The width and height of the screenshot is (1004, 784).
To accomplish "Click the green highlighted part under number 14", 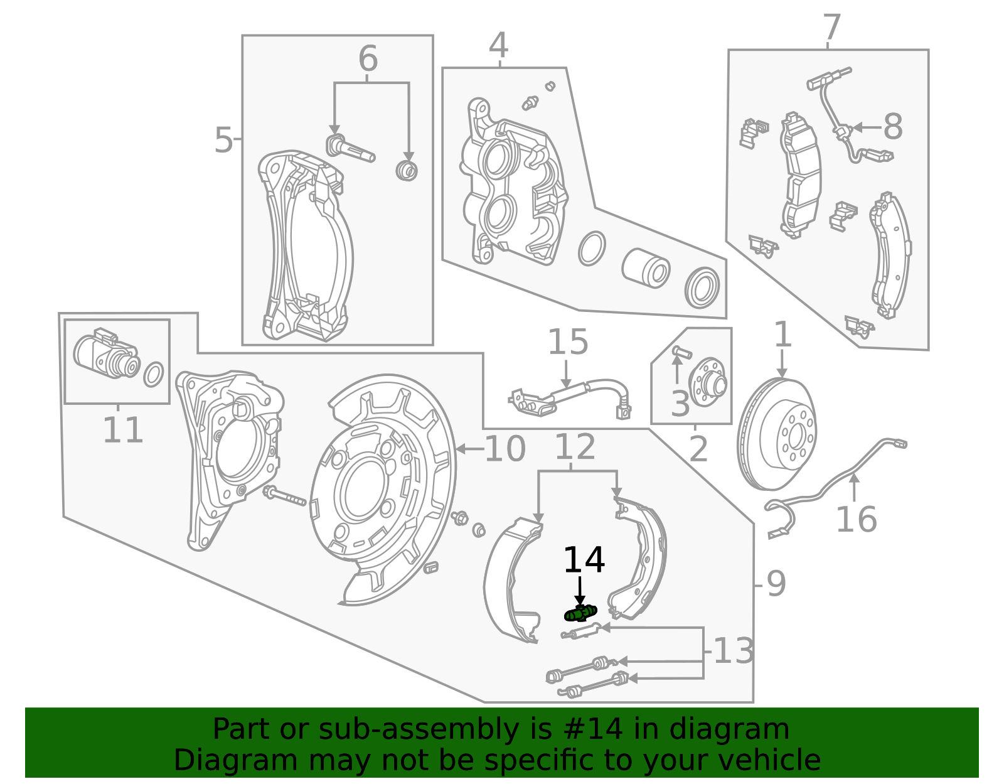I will (580, 613).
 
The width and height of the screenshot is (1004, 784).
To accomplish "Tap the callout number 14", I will (584, 560).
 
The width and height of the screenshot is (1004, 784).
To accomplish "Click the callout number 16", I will (856, 520).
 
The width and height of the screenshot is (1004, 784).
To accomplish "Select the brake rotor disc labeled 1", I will (777, 434).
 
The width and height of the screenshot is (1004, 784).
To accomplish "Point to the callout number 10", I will (505, 449).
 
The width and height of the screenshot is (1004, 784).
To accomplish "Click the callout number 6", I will (368, 60).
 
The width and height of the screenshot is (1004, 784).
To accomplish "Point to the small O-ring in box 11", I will (154, 375).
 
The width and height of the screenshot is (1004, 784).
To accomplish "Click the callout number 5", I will (223, 140).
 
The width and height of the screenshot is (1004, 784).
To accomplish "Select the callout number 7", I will (831, 28).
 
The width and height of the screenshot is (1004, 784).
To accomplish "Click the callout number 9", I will (776, 584).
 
